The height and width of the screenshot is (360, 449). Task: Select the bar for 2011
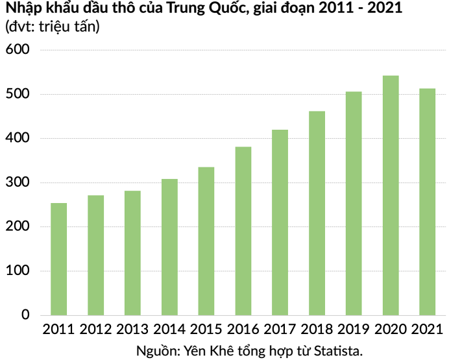coord(58,259)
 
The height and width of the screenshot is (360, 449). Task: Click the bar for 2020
coord(391,195)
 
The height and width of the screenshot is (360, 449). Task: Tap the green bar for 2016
coord(243,231)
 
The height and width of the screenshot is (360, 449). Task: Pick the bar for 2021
coord(427,202)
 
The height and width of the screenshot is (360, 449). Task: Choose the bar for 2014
coord(169,247)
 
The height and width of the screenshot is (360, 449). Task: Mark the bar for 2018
coord(317,213)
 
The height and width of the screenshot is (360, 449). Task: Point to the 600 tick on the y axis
coord(18,49)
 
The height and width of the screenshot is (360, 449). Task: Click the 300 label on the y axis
coord(18,182)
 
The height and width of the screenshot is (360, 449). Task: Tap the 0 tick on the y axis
coord(25,315)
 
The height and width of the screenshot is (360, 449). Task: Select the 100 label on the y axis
coord(18,270)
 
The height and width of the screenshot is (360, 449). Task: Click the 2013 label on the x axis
coord(132,330)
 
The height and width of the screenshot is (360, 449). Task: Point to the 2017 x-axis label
coord(280,330)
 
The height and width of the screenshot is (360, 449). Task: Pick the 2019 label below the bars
coord(354,330)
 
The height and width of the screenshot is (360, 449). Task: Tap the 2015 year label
coord(206,330)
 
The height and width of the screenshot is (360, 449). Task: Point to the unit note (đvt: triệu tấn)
coord(53,27)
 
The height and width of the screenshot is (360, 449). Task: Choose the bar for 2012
coord(95,256)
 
